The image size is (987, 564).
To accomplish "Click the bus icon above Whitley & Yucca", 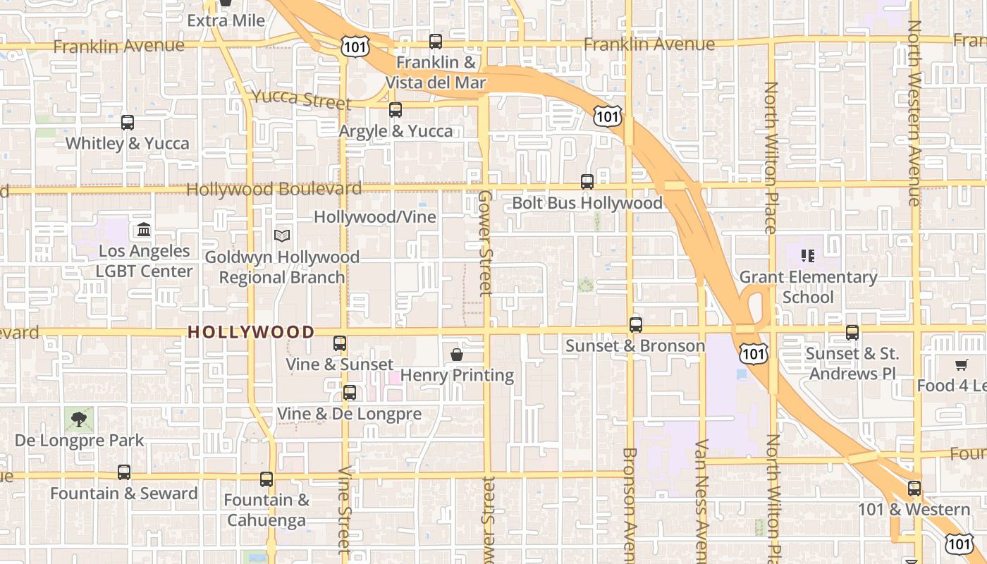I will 128,123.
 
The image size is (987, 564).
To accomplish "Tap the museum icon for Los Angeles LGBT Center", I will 145,230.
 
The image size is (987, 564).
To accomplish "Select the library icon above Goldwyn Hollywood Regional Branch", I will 282,235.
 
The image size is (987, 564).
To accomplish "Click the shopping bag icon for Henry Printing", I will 457,354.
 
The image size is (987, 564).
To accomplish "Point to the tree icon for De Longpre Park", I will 79,419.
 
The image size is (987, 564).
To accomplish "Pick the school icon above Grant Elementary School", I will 808,255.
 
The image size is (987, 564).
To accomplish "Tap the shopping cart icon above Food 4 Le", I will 961,364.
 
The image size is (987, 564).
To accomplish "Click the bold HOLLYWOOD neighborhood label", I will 251,332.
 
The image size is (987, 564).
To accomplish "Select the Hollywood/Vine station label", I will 375,217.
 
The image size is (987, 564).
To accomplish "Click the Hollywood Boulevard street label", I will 274,189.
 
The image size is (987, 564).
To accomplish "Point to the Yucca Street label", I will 301,99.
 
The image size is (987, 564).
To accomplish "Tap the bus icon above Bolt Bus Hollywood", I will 587,182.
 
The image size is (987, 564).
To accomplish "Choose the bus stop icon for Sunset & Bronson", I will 636,325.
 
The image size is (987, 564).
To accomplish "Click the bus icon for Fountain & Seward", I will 124,472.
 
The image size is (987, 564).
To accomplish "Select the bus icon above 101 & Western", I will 914,488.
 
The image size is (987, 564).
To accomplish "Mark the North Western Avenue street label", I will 914,113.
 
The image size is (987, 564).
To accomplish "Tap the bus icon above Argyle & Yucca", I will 396,110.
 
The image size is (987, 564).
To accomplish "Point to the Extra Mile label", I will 226,20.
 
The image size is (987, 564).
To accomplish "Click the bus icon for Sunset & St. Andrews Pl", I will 852,333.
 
